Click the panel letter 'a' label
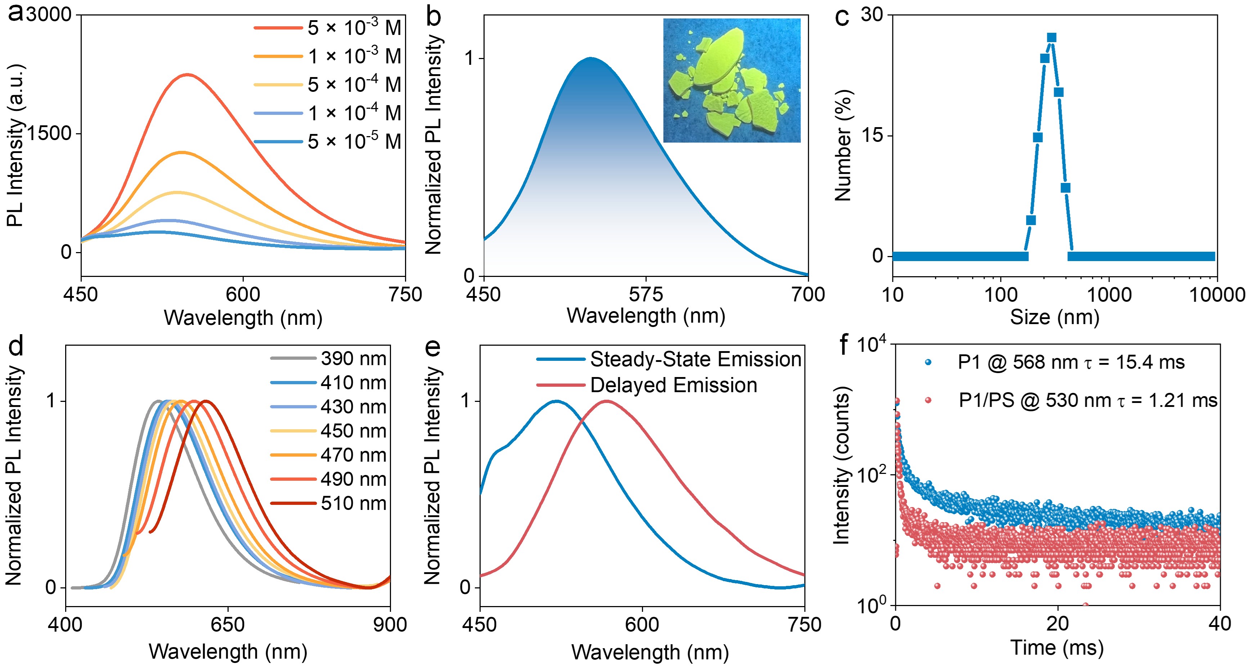(x=15, y=14)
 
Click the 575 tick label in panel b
(x=646, y=294)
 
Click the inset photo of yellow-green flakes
(x=731, y=80)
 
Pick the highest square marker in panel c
(x=1052, y=38)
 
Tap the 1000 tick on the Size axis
(x=1108, y=295)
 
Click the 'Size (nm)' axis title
(x=1054, y=317)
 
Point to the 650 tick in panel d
(x=227, y=624)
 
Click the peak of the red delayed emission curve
(x=606, y=401)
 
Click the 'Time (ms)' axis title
(x=1057, y=647)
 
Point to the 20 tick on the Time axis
(x=1058, y=624)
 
